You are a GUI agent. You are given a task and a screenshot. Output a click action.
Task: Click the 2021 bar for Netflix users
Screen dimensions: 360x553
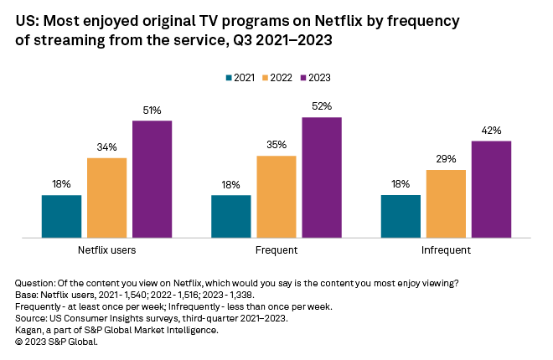61,217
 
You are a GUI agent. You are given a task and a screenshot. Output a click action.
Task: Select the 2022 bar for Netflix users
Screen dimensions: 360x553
106,198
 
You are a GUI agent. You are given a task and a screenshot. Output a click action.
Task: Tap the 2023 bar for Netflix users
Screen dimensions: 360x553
152,179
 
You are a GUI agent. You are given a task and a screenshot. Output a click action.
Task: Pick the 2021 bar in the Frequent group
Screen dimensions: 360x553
230,217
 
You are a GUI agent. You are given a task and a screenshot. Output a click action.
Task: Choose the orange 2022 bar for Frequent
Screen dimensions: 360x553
276,197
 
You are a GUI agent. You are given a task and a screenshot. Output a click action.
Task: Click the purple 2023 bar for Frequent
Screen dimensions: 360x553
322,177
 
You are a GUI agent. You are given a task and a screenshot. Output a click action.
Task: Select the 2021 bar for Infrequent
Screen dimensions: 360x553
401,217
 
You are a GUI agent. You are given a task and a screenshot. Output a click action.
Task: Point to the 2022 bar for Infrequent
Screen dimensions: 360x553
446,204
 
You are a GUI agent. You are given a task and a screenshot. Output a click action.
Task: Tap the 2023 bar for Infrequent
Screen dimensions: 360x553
491,189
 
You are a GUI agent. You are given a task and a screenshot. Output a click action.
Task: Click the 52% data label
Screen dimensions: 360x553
323,106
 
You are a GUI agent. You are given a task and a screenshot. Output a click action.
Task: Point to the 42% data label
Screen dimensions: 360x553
491,130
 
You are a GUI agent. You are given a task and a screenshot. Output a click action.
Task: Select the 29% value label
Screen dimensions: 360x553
446,159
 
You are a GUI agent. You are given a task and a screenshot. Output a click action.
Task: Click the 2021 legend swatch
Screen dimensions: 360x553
229,78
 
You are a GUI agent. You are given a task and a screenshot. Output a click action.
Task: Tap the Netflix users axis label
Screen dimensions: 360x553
106,250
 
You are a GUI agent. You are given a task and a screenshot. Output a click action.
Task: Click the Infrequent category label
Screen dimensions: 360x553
446,250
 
